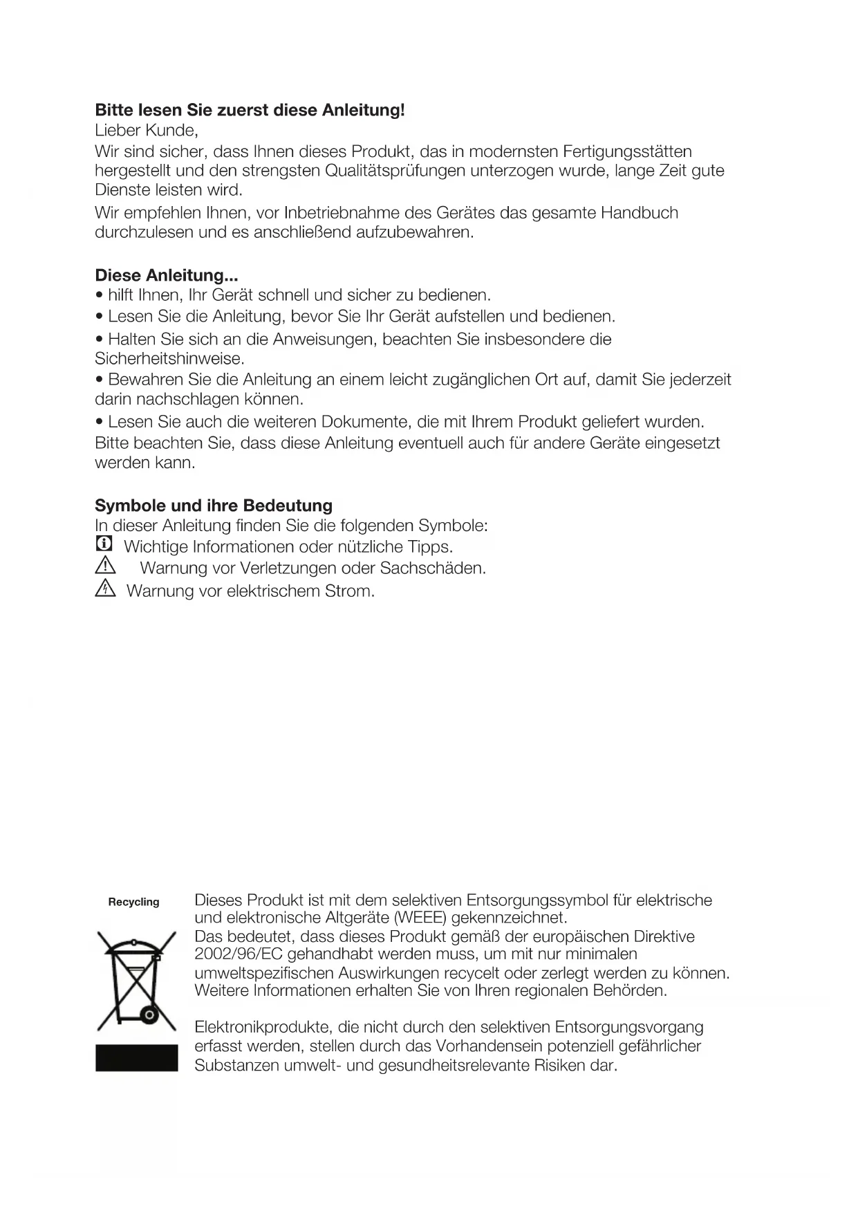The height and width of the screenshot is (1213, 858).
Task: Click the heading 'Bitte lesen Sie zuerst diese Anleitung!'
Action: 250,110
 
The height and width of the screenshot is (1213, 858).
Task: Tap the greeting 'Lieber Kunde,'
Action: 147,130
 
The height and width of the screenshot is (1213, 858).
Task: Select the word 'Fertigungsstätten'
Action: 628,151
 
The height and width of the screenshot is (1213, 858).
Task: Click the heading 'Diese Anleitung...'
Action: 167,275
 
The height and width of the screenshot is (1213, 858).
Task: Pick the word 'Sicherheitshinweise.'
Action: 170,359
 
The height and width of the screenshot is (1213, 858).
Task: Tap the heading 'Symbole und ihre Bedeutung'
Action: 214,506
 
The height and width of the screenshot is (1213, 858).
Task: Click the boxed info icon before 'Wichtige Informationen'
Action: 104,544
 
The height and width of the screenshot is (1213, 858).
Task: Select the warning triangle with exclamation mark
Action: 105,566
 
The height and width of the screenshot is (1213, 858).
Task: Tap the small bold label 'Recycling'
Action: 133,902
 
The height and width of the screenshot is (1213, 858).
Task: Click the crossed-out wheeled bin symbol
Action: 136,981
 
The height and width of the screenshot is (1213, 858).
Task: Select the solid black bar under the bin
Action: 136,1057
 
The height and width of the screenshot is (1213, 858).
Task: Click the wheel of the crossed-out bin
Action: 149,1015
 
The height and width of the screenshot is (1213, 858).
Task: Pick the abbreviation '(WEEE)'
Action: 420,918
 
